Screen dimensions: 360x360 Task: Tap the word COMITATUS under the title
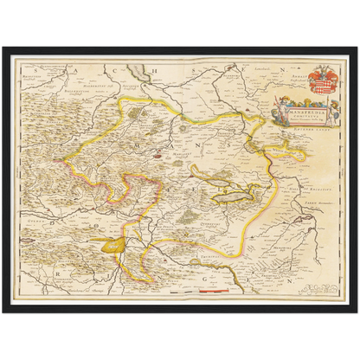[x=299, y=115]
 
